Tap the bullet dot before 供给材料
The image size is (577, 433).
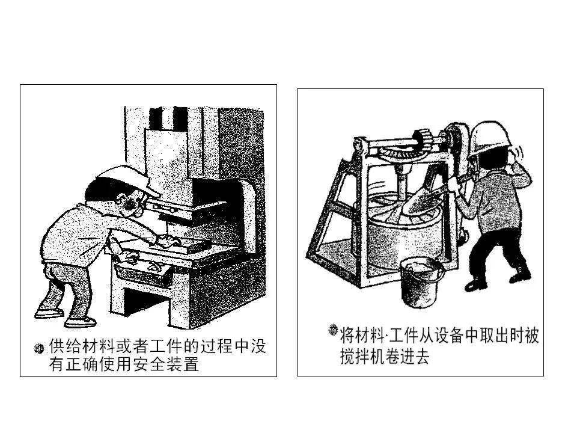pyautogui.click(x=38, y=348)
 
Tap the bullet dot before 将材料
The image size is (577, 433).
pyautogui.click(x=332, y=330)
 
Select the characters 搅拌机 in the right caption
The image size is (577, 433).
pyautogui.click(x=362, y=356)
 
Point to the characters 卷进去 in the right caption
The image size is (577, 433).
pyautogui.click(x=408, y=356)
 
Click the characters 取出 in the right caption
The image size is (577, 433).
pyautogui.click(x=493, y=336)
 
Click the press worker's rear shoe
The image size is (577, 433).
pyautogui.click(x=49, y=313)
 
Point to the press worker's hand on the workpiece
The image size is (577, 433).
pyautogui.click(x=170, y=241)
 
